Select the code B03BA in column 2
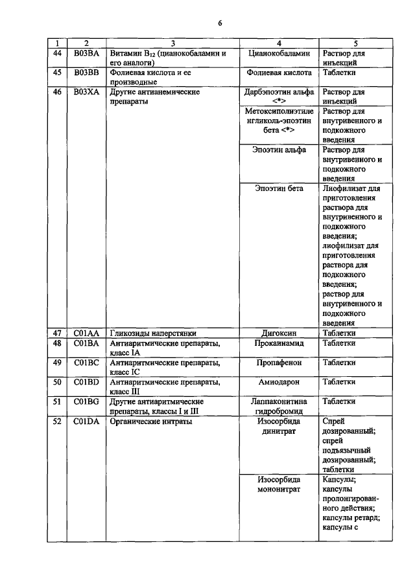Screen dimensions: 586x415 pyautogui.click(x=86, y=53)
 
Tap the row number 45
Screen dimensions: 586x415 pyautogui.click(x=57, y=73)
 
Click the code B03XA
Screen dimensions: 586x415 pyautogui.click(x=86, y=93)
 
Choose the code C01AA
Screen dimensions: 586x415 pyautogui.click(x=86, y=333)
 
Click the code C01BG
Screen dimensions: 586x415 pyautogui.click(x=86, y=401)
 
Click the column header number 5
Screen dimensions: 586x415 pyautogui.click(x=355, y=43)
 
